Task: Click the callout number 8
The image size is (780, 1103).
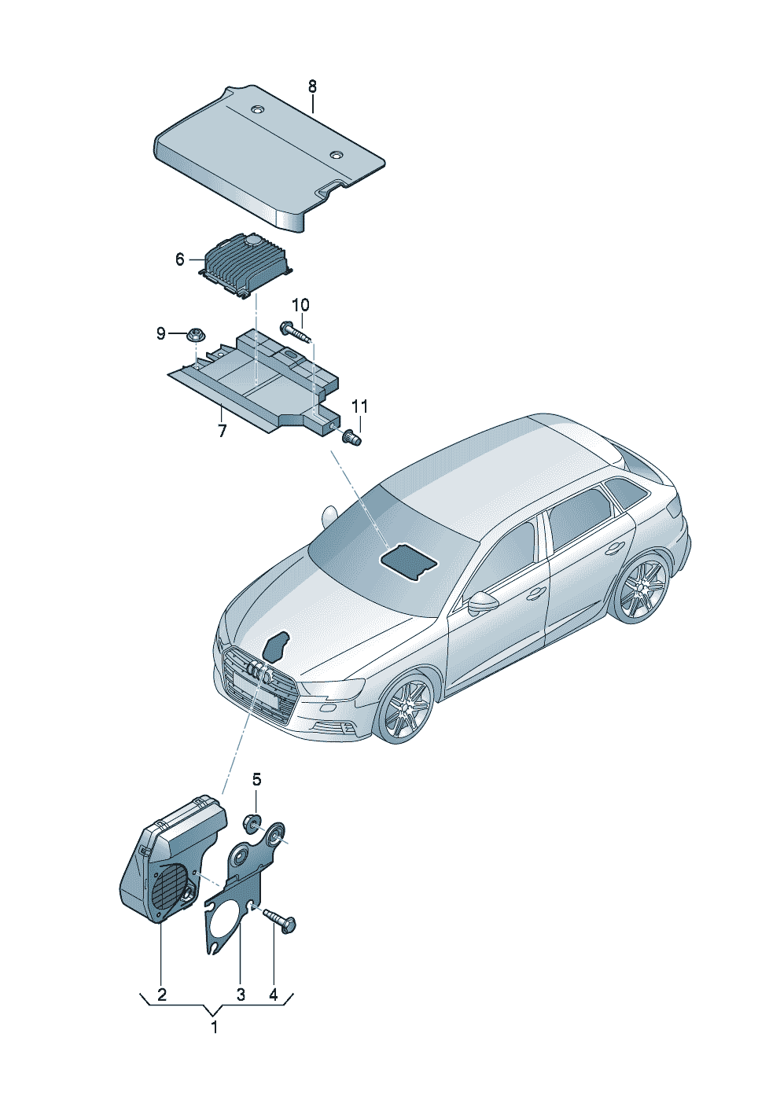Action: click(312, 87)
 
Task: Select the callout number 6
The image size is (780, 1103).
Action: click(180, 259)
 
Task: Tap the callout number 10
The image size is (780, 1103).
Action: click(300, 305)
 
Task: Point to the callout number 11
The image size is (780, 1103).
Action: click(360, 406)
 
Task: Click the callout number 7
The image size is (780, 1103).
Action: click(222, 431)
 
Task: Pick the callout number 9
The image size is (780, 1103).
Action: click(161, 334)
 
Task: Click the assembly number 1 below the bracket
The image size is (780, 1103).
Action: click(214, 1028)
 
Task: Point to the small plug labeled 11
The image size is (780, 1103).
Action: click(352, 436)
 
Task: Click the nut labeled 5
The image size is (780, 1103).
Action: click(254, 823)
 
